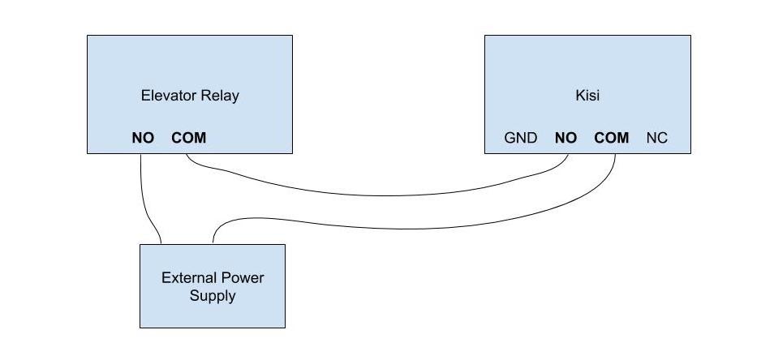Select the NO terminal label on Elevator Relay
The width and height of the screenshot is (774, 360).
(x=143, y=138)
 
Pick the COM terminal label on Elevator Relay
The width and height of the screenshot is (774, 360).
(x=189, y=138)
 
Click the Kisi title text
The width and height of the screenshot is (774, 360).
(x=587, y=95)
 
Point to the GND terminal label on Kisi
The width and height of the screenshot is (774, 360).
(x=521, y=138)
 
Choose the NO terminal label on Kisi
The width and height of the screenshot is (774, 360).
(x=565, y=138)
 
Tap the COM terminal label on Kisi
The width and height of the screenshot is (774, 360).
(x=612, y=138)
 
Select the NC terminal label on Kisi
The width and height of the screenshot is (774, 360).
(x=656, y=138)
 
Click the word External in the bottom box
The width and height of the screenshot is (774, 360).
(x=190, y=277)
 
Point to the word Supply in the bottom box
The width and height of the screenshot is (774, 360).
(x=213, y=295)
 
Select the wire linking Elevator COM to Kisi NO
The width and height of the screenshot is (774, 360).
(x=381, y=195)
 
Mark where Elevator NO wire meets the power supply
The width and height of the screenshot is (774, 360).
(x=161, y=243)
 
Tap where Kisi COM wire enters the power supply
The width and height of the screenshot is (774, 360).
(x=213, y=243)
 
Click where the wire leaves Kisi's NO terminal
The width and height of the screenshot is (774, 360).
(x=567, y=154)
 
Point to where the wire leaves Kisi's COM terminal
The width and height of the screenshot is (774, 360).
(x=614, y=154)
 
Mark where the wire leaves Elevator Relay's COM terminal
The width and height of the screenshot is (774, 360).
(x=187, y=154)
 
